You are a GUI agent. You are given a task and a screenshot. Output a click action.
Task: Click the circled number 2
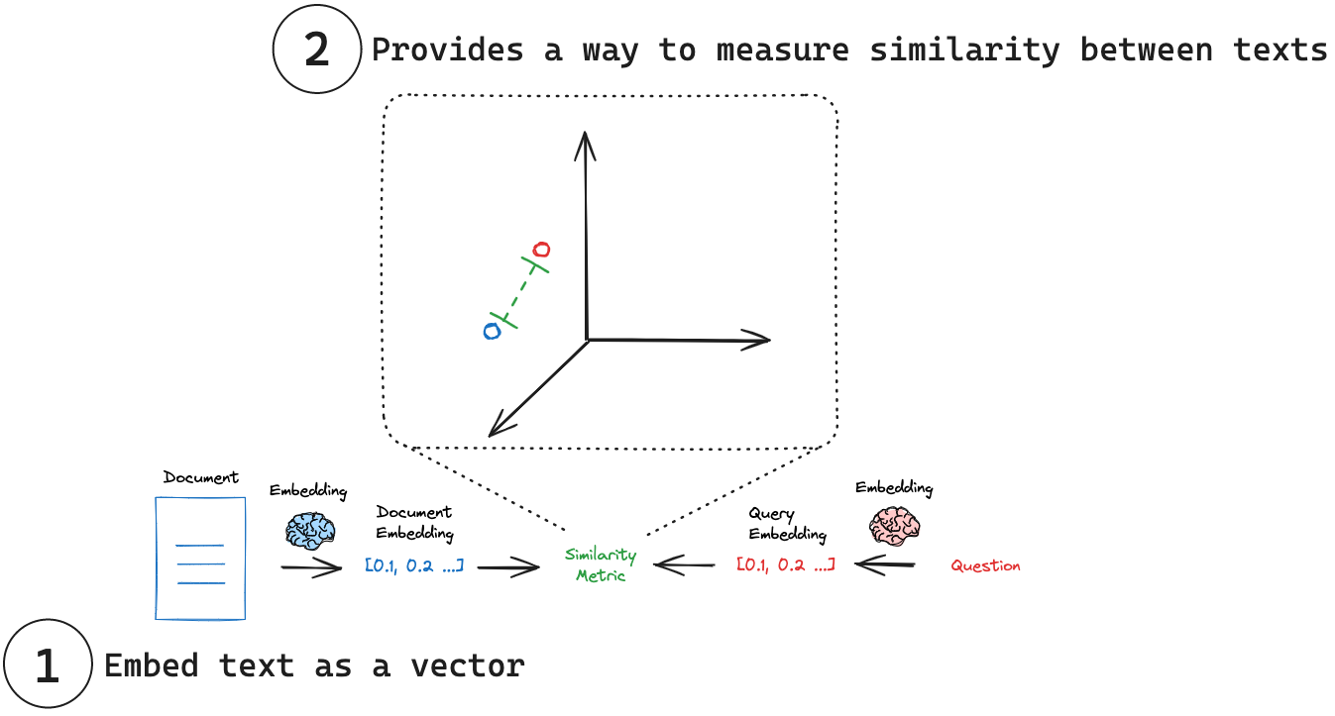pos(316,51)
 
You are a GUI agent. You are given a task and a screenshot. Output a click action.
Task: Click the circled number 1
pos(47,666)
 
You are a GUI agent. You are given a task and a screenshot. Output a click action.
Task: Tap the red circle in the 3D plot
pos(541,249)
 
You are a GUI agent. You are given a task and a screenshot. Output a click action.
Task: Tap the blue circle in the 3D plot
pos(492,331)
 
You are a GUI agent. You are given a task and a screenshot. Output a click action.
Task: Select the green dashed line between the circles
pos(517,291)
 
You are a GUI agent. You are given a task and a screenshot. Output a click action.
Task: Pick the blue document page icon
pos(200,558)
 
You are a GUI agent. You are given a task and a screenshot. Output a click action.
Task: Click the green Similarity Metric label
pos(601,564)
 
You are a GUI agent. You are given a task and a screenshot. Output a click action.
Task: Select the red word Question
pos(985,566)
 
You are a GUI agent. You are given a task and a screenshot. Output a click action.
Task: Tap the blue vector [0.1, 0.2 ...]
pos(414,566)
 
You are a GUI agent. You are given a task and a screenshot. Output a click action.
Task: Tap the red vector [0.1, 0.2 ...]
pos(786,564)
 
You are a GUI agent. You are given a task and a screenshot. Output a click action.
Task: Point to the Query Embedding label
pos(787,525)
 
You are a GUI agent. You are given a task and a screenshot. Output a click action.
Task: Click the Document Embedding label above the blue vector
pos(414,523)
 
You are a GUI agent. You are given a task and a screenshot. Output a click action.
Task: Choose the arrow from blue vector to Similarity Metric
pos(508,567)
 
